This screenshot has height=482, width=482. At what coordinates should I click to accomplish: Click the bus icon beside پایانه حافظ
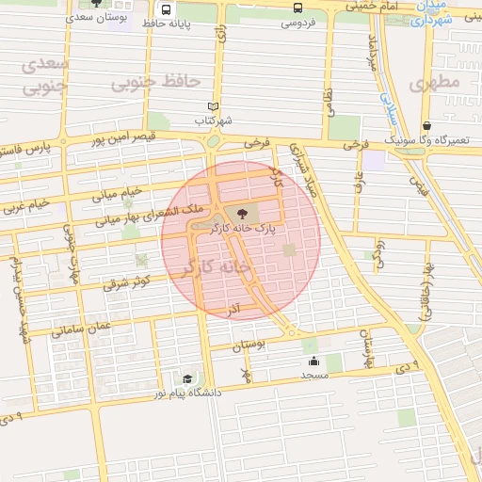pos(167,10)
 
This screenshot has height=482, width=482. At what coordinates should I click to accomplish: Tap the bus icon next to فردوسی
pos(298,8)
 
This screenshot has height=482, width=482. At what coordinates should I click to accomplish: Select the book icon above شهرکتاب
pos(213,107)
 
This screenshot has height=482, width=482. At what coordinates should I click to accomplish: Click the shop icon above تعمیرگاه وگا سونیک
pos(427,126)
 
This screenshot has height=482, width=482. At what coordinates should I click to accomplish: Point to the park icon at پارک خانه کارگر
pos(244,214)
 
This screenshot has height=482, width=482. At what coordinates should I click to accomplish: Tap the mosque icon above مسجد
pos(313,361)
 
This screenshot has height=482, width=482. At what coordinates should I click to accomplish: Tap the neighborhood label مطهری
pos(432,84)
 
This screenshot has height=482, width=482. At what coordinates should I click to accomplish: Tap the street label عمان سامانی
pos(84,329)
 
